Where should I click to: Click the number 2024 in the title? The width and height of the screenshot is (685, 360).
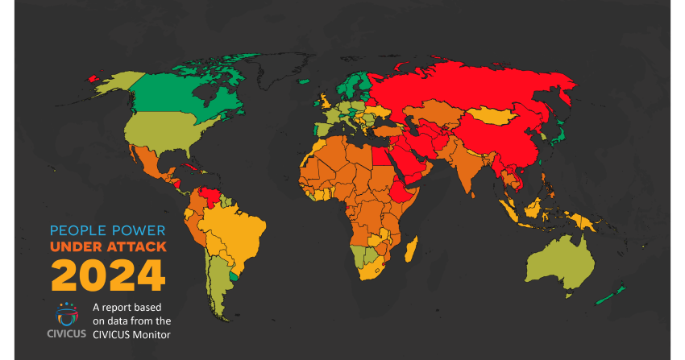tap(108, 275)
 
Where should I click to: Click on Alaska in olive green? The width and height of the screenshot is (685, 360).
tap(113, 81)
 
